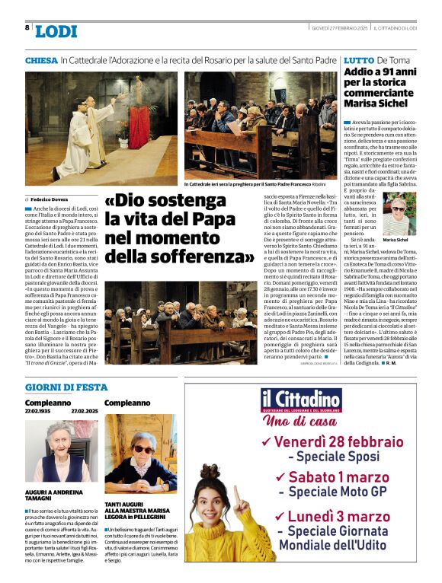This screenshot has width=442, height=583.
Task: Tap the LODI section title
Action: click(x=56, y=30)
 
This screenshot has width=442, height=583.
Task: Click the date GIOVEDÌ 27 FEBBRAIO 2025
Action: click(x=340, y=27)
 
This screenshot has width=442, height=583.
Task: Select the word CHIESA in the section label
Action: click(x=41, y=59)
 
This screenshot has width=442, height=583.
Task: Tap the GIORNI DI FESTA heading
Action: click(x=66, y=387)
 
